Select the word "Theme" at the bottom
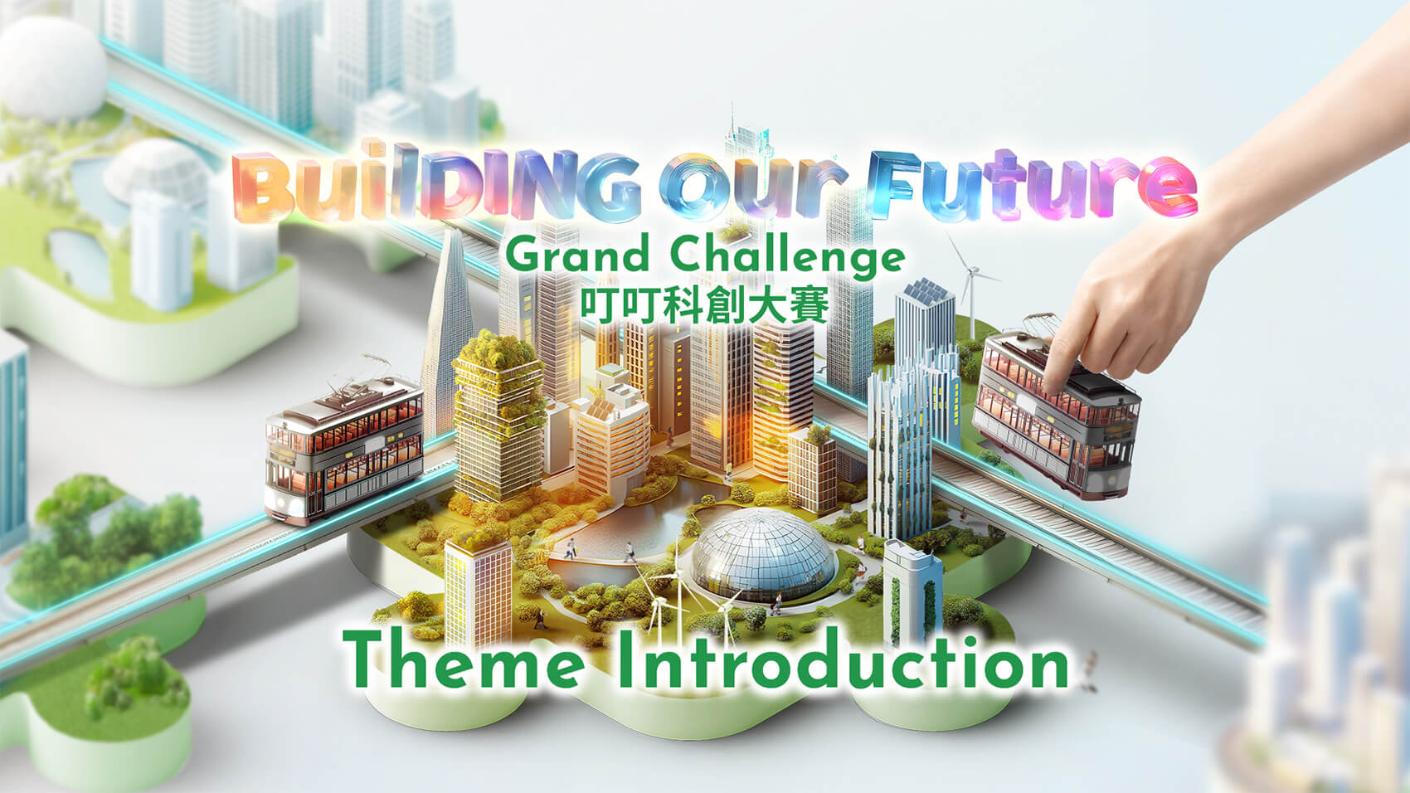point(464,661)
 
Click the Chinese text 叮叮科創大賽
point(704,305)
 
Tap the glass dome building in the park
point(764,554)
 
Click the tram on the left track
point(344,449)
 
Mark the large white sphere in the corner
point(53,68)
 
